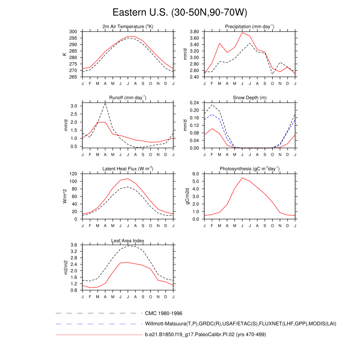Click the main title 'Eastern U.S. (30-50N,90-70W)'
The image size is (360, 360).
pyautogui.click(x=180, y=12)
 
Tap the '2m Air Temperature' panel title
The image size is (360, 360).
pyautogui.click(x=128, y=27)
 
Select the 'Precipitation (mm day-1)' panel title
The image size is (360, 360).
pyautogui.click(x=250, y=27)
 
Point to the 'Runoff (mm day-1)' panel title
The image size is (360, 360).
pyautogui.click(x=128, y=98)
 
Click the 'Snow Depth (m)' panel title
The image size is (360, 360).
pyautogui.click(x=250, y=98)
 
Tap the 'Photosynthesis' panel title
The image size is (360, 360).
pyautogui.click(x=250, y=169)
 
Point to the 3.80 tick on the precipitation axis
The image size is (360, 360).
pyautogui.click(x=194, y=32)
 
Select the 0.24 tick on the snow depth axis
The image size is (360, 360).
pyautogui.click(x=194, y=103)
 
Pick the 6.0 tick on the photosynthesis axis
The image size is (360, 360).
pyautogui.click(x=196, y=174)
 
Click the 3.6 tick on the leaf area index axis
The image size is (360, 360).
pyautogui.click(x=75, y=245)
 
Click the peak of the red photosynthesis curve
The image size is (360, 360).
pyautogui.click(x=242, y=178)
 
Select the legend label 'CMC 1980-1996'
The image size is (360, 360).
pyautogui.click(x=163, y=313)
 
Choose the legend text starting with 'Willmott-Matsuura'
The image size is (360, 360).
pyautogui.click(x=241, y=324)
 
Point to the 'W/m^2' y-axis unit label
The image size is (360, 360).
pyautogui.click(x=65, y=196)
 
